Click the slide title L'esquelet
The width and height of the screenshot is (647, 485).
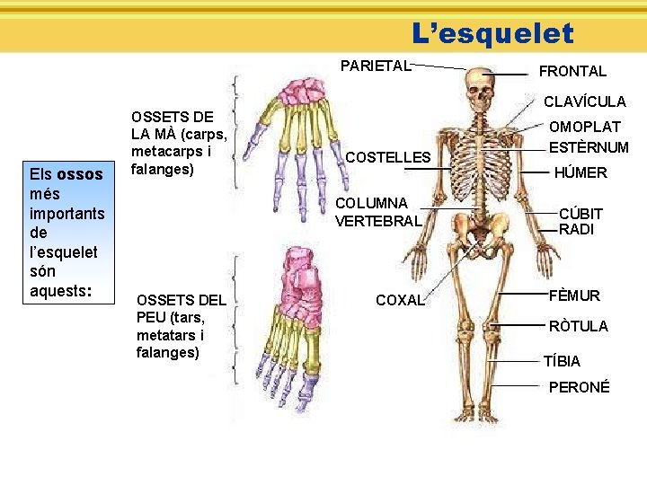[492, 33]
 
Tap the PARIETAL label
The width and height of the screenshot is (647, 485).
[375, 66]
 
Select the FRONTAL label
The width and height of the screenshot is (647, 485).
[572, 71]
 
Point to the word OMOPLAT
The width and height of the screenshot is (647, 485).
[585, 128]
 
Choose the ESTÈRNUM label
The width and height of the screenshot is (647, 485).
[589, 147]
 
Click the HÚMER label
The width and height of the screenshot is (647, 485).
[581, 172]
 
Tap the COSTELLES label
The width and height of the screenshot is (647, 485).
[387, 157]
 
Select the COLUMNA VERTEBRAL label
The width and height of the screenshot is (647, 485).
[377, 212]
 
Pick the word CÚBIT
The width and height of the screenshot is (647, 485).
[581, 214]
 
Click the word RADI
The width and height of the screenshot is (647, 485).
[576, 229]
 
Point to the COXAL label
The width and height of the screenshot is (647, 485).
[400, 300]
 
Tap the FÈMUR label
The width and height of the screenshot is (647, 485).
[574, 295]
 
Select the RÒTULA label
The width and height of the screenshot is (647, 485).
[578, 326]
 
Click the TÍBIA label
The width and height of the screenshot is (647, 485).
[562, 361]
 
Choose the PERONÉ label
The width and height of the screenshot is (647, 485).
[579, 387]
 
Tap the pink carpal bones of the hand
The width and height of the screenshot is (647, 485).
[304, 93]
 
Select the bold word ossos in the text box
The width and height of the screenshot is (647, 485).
[80, 173]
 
